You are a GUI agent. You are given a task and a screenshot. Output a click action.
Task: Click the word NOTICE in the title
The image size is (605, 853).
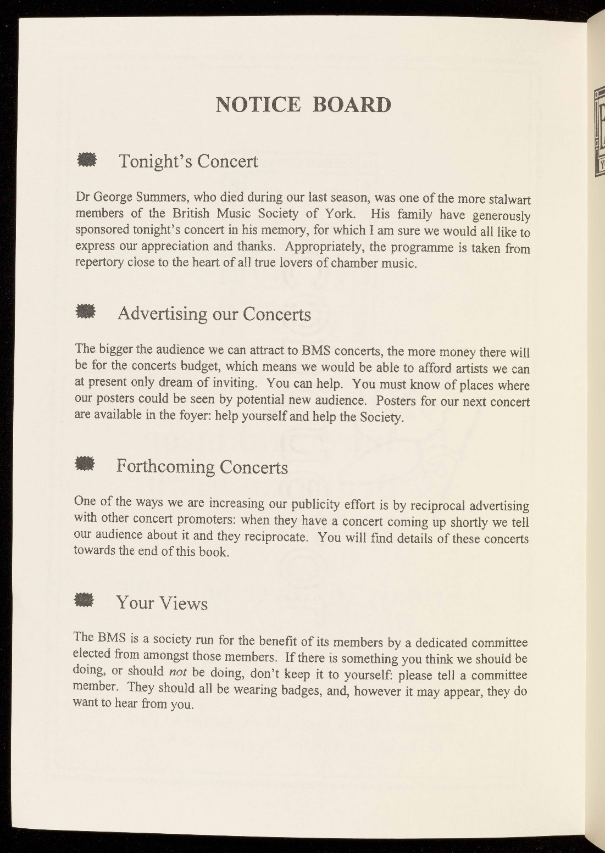click(258, 104)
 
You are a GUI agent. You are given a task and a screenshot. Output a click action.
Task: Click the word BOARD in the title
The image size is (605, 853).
click(352, 104)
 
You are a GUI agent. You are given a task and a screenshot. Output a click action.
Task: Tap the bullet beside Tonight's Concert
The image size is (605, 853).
click(87, 160)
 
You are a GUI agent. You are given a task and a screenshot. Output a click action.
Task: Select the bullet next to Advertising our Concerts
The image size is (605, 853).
click(86, 312)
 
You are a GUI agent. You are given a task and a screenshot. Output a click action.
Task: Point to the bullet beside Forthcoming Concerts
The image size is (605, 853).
click(85, 464)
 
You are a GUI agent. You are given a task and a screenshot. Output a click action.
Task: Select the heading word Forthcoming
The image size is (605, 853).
click(165, 467)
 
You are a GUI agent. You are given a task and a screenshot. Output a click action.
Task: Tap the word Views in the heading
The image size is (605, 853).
click(185, 603)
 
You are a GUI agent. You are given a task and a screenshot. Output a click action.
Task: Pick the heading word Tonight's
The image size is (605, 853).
click(156, 161)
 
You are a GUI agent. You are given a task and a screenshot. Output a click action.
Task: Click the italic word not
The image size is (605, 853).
click(178, 672)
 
